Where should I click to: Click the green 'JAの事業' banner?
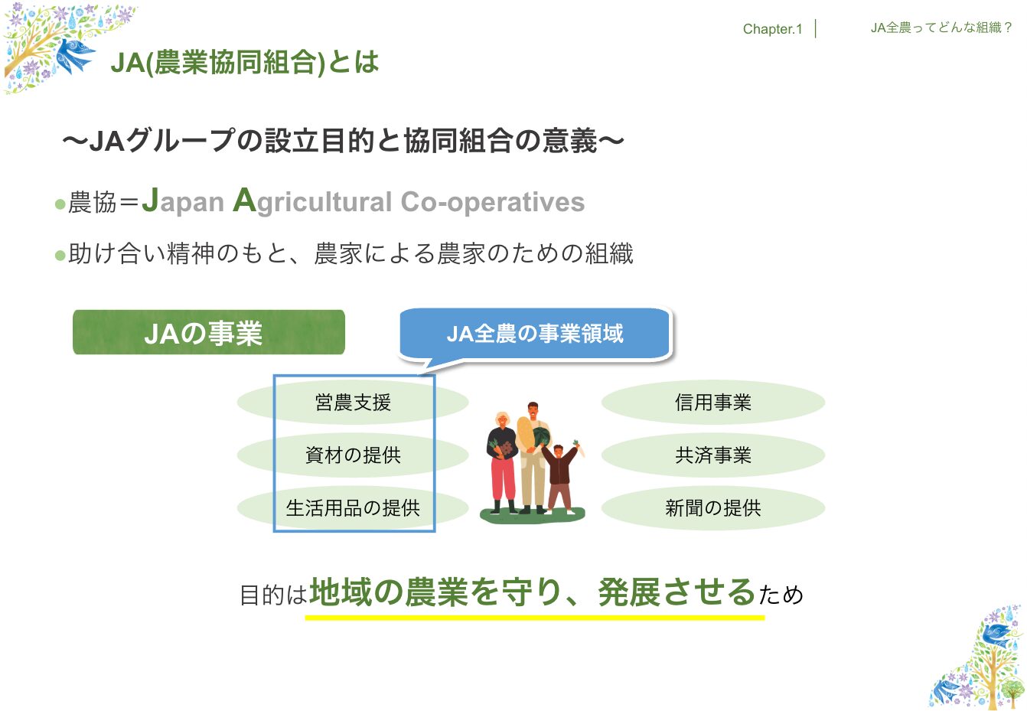pos(209,332)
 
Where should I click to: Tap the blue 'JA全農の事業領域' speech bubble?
pos(535,334)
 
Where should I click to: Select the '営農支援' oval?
pos(353,403)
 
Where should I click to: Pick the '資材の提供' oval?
pos(353,455)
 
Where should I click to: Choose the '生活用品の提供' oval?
pos(353,508)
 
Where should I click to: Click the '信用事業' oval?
pos(713,403)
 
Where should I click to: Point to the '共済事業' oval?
pos(713,455)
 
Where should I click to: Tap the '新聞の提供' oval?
pos(713,508)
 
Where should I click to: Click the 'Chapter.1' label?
pos(772,29)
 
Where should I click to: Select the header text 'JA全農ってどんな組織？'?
pos(941,28)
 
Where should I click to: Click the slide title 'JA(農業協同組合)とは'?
pos(245,62)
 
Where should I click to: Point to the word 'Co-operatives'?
pos(493,202)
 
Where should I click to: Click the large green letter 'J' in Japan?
pos(151,200)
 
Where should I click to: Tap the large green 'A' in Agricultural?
pos(244,200)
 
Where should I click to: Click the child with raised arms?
pos(560,477)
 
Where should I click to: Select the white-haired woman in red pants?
pos(503,462)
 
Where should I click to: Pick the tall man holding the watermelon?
pos(533,458)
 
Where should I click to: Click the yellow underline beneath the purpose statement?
pos(535,618)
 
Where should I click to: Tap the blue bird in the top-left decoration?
pos(75,55)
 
